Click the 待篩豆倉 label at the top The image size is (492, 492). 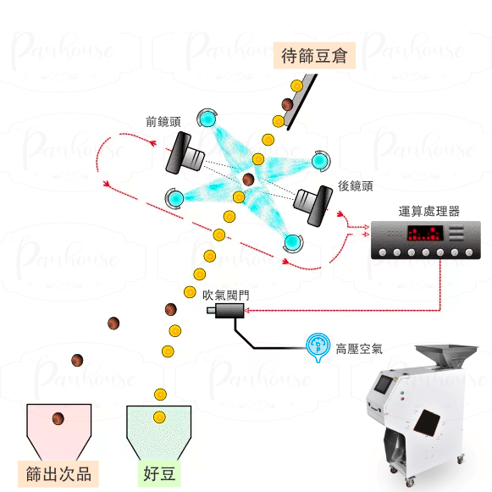[x=314, y=56]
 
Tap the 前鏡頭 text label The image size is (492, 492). [x=163, y=122]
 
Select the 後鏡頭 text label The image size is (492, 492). [x=355, y=186]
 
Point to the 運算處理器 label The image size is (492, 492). [x=429, y=212]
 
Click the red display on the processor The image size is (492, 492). [x=425, y=233]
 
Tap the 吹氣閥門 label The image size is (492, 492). [x=226, y=296]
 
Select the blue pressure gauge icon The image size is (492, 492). [x=318, y=346]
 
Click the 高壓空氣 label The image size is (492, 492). [x=359, y=349]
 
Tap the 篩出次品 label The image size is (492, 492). [x=58, y=474]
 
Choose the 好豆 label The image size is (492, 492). [x=159, y=473]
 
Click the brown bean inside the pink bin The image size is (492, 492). [x=58, y=418]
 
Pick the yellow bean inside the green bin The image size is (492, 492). [x=159, y=417]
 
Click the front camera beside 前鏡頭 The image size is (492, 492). [x=185, y=153]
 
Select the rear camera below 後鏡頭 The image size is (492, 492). [x=313, y=205]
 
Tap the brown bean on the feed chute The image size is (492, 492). [x=287, y=104]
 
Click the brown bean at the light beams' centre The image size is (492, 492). [x=248, y=180]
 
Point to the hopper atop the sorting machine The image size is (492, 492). [x=446, y=355]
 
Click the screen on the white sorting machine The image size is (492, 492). [x=384, y=384]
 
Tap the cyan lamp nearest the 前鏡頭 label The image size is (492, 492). [x=207, y=119]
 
